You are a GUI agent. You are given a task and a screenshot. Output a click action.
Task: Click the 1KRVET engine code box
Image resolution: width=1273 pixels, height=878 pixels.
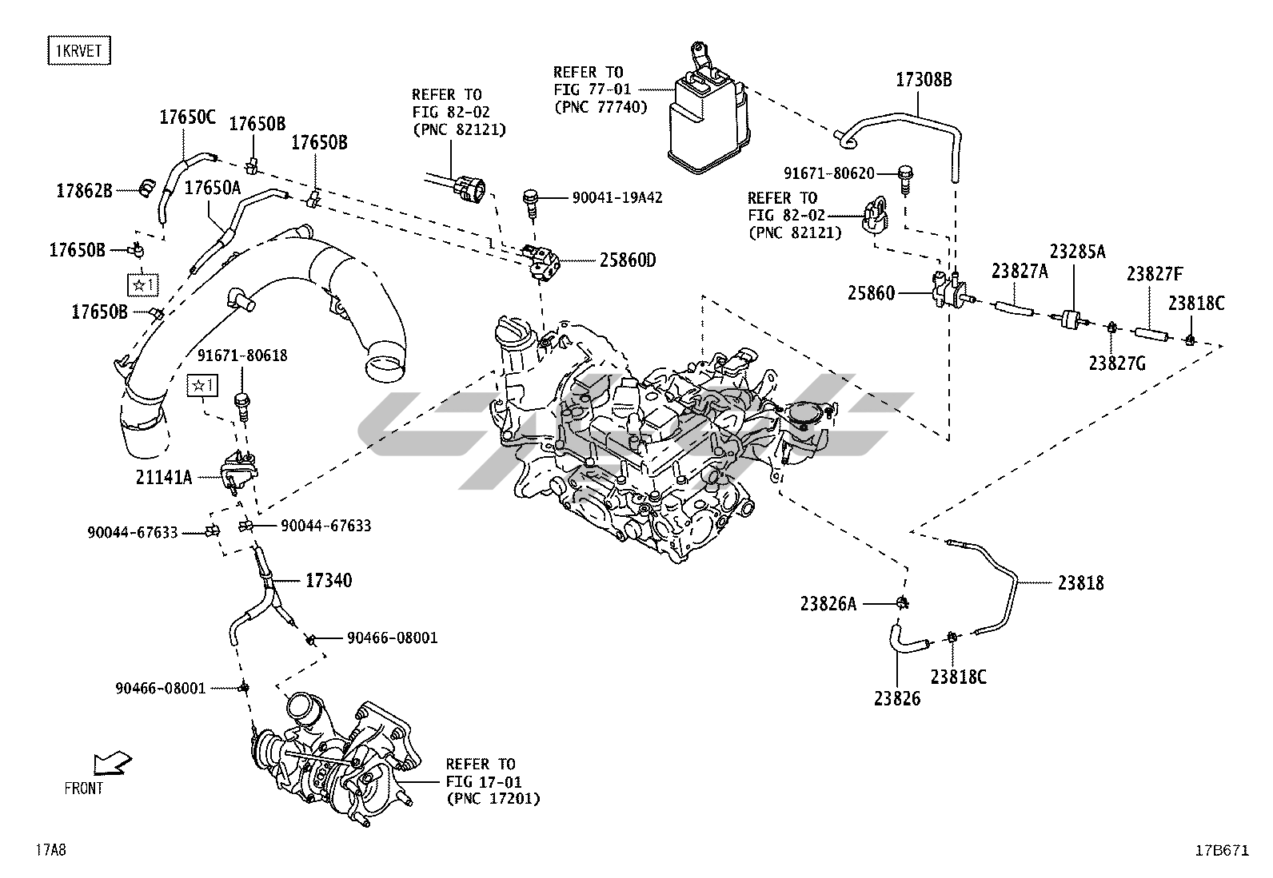79,50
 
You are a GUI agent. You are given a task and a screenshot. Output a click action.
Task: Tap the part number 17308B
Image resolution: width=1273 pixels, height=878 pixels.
924,80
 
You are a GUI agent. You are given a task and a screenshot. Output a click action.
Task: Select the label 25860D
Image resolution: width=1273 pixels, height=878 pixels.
628,260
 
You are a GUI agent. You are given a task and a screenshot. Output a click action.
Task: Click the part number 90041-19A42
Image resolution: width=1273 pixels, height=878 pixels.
617,197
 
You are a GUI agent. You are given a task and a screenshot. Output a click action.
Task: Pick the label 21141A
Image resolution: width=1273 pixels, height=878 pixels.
164,478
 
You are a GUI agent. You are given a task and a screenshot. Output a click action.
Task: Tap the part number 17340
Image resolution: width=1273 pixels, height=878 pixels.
329,581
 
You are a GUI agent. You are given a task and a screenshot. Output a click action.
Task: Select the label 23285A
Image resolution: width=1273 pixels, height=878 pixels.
1078,252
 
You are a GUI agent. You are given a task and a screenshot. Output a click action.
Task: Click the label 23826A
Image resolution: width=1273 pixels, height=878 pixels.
828,604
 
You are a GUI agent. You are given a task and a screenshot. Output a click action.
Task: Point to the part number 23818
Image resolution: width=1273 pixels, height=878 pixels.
1080,583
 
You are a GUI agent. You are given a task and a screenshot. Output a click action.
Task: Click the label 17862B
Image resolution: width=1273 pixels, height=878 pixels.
84,191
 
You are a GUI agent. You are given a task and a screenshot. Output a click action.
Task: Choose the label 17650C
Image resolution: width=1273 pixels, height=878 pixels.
188,117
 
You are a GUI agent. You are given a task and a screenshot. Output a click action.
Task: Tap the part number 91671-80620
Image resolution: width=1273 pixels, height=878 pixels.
829,173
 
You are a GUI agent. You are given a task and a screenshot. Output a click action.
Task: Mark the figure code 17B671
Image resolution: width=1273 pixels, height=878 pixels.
1223,850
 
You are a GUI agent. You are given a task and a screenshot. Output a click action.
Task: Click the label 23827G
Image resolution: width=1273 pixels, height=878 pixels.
1117,364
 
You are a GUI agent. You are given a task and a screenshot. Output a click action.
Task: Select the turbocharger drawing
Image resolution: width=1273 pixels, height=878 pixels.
335,758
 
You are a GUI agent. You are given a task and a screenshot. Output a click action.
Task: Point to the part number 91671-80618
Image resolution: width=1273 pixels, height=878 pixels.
242,356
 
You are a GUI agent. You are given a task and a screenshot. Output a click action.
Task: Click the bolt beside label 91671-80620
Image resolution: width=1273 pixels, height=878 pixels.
905,179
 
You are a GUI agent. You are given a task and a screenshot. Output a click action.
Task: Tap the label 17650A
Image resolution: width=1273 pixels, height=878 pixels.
213,188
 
